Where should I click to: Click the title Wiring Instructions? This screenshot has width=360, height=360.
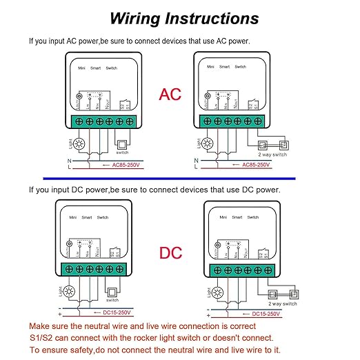(184, 18)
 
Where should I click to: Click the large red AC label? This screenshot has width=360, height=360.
(170, 94)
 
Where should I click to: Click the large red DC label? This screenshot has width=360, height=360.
(170, 253)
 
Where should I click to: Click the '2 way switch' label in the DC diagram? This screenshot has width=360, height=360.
(282, 303)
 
